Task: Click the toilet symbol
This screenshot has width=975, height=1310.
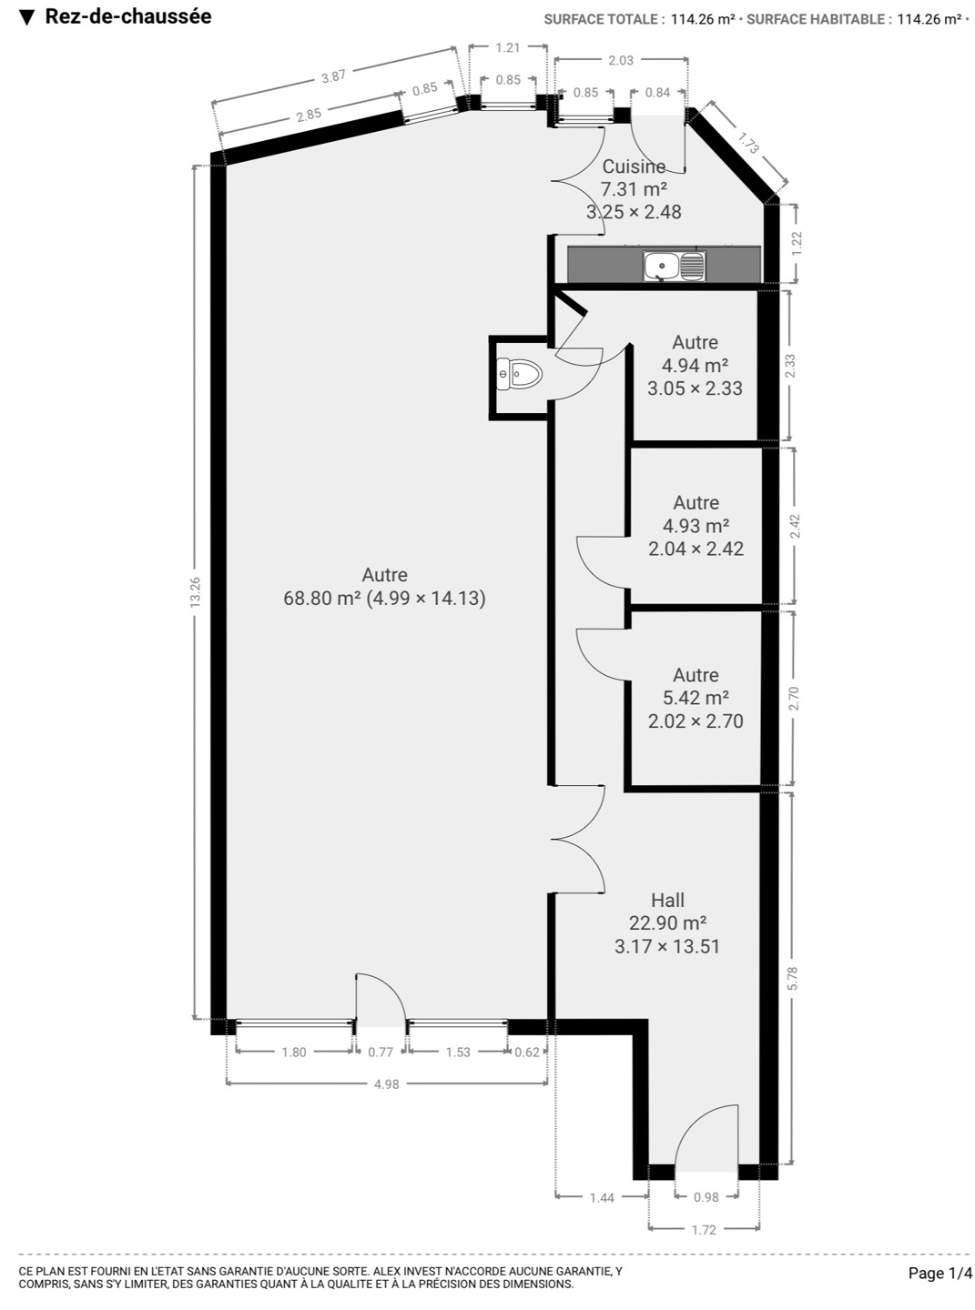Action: pos(519,375)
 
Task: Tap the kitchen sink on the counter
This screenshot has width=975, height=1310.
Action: pos(674,266)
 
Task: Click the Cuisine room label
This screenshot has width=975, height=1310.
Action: pos(634,166)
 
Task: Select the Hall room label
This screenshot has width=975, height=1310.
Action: pos(667,900)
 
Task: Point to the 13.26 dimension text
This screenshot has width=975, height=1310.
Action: pos(196,592)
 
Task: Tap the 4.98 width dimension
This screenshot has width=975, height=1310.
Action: pos(387,1083)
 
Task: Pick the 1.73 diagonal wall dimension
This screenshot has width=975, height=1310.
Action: pos(748,143)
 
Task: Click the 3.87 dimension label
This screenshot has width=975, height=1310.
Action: pos(333,76)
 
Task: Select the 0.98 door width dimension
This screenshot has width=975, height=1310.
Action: pos(706,1196)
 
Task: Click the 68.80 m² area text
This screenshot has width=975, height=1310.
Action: pos(322,599)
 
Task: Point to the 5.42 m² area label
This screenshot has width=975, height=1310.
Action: pos(696,698)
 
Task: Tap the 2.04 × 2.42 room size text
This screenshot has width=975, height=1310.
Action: pos(696,549)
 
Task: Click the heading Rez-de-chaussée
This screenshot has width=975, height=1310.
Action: pos(128,16)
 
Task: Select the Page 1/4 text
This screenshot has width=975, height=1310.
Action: pos(940,1273)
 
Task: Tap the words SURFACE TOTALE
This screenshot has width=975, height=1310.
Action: pos(600,19)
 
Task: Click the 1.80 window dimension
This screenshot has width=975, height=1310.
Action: pos(294,1052)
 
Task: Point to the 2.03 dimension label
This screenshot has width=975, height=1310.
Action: pos(621,60)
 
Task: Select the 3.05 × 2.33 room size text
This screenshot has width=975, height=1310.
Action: pos(695,388)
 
